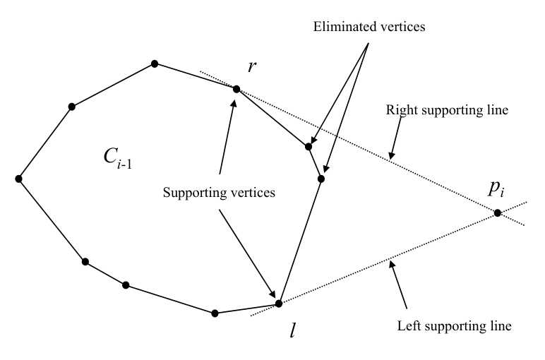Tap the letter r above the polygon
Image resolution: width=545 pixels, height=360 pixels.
click(251, 67)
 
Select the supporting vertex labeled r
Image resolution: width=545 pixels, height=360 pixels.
click(236, 89)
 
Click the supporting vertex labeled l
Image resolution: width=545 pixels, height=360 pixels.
click(278, 304)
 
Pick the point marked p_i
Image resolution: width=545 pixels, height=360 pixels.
click(498, 212)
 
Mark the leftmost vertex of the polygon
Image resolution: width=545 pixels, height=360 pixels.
click(18, 179)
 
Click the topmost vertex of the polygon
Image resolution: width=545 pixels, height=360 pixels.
click(155, 64)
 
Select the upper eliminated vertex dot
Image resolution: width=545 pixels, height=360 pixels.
click(309, 147)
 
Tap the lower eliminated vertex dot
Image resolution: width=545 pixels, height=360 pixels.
click(321, 179)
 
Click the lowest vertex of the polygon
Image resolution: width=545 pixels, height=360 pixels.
click(215, 313)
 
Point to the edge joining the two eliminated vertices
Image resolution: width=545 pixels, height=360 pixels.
click(315, 163)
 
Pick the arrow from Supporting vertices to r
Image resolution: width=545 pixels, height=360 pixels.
click(227, 134)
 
